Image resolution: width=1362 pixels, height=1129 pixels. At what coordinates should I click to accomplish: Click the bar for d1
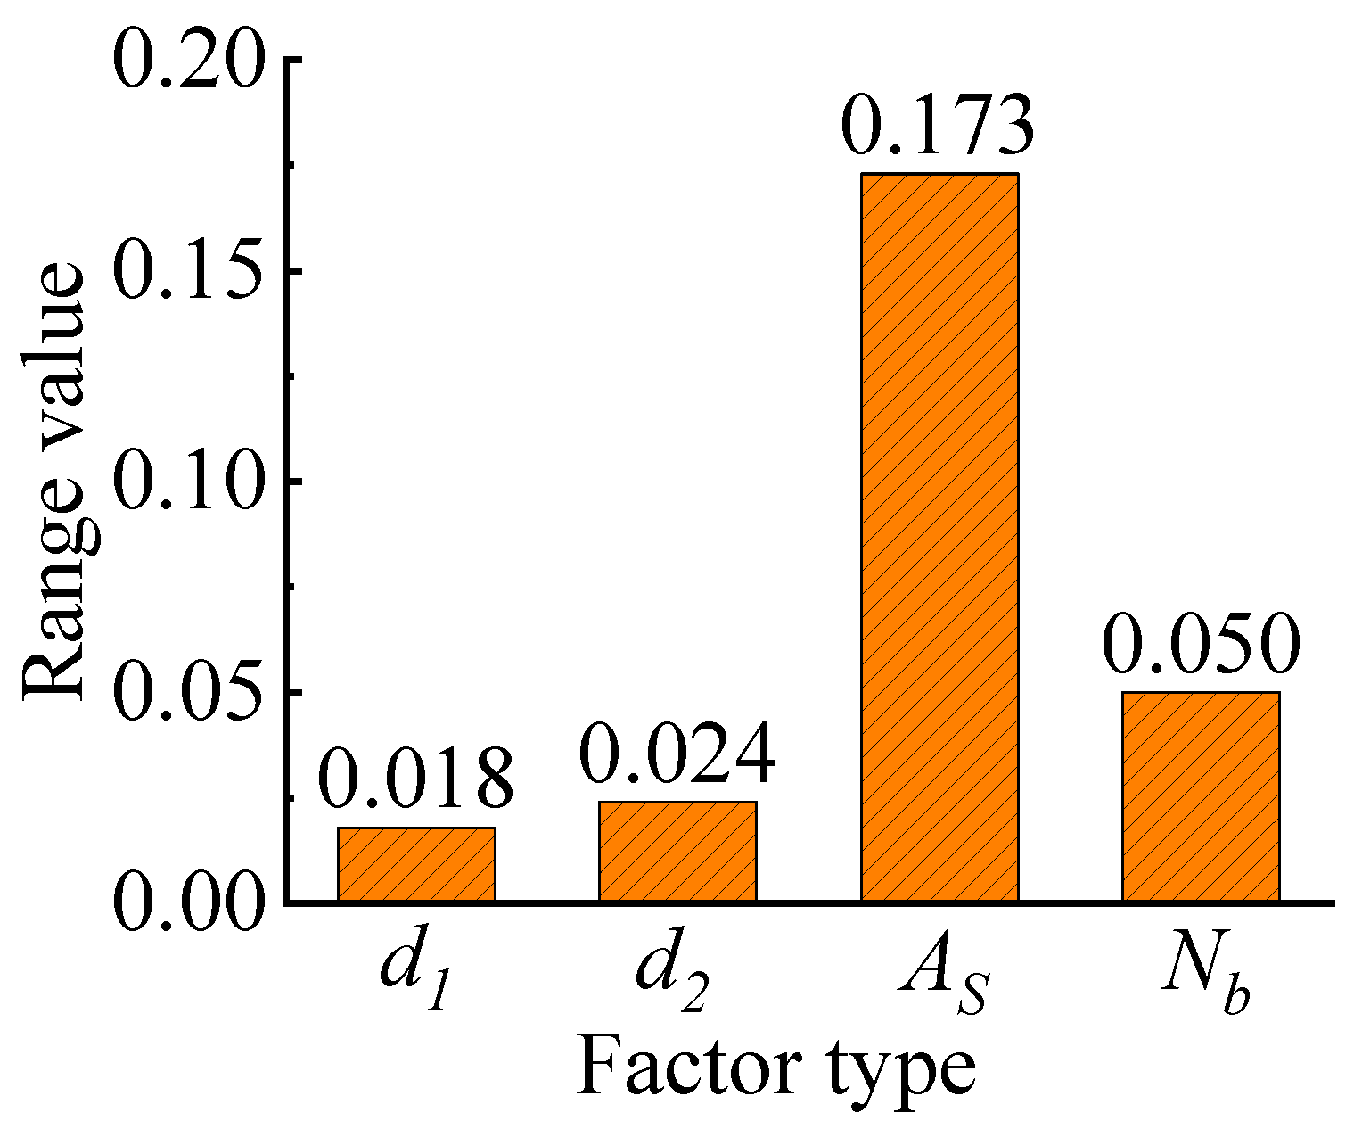pos(416,864)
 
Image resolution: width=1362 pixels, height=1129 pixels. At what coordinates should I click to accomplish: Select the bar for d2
pos(677,852)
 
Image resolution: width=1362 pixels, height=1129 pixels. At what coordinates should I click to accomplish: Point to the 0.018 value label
pos(415,779)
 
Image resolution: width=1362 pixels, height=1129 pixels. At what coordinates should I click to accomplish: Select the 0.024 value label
pos(677,754)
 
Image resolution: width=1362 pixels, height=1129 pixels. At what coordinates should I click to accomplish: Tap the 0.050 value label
pos(1201,643)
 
